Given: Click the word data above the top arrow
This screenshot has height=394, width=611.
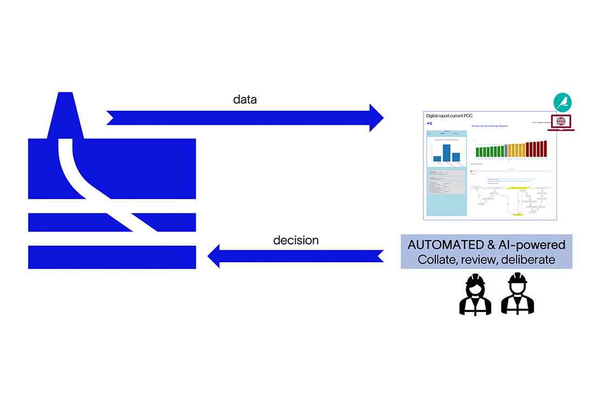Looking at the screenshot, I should click(x=245, y=100).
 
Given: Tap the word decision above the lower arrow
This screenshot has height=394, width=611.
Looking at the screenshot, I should click(x=296, y=240).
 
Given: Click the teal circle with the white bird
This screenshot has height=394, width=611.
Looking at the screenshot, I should click(x=562, y=103).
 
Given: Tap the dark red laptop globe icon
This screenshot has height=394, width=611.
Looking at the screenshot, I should click(x=561, y=123).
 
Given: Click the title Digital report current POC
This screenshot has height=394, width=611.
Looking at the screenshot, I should click(x=449, y=116).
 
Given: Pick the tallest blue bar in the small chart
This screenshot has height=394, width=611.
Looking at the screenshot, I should click(x=447, y=153).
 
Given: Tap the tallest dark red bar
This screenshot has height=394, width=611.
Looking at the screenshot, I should click(x=545, y=148).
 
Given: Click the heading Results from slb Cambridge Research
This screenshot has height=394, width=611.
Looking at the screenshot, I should click(x=494, y=126).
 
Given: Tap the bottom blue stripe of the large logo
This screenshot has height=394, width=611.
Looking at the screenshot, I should click(x=112, y=257).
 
